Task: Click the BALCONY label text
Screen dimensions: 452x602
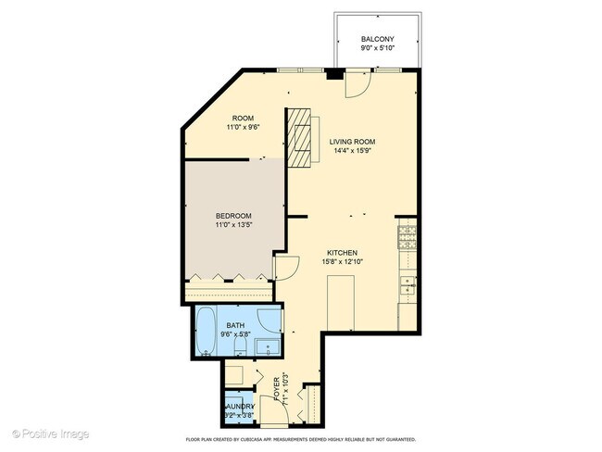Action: [378, 40]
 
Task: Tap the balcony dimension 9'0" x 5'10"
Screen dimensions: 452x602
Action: [378, 49]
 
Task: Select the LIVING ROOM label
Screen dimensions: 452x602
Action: [353, 142]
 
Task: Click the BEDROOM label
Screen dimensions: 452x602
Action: [232, 216]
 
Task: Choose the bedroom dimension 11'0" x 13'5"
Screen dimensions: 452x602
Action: [232, 225]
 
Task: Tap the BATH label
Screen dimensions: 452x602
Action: [237, 326]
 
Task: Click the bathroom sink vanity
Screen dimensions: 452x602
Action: [269, 348]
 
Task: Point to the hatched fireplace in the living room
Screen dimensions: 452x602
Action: [298, 138]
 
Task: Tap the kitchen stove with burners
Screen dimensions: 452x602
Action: [408, 240]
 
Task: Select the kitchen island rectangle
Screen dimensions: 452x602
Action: [343, 306]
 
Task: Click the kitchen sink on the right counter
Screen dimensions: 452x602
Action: [408, 285]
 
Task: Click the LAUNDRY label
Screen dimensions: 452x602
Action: [237, 407]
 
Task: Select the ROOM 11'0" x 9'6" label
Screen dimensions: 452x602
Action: [243, 123]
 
